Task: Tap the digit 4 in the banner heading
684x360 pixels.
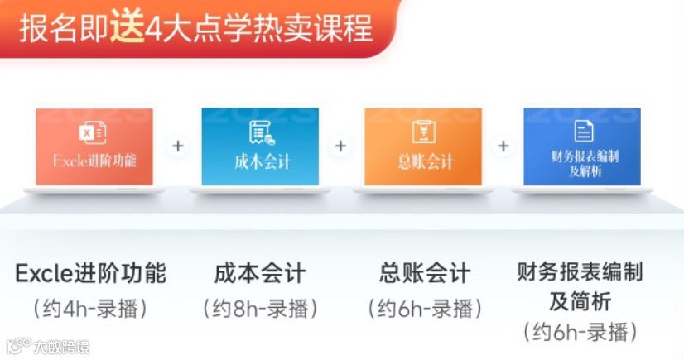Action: tap(153, 30)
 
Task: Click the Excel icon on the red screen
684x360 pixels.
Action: tap(93, 132)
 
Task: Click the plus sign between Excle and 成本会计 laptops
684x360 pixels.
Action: tap(178, 146)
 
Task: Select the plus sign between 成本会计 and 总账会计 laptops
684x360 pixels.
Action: tap(340, 146)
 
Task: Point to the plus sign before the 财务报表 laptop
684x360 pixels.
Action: tap(503, 146)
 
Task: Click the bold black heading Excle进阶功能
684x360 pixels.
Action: tap(91, 273)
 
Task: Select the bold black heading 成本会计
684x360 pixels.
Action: tap(260, 273)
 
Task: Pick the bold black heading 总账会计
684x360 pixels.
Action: tap(425, 273)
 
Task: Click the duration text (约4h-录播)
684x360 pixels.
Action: tap(91, 309)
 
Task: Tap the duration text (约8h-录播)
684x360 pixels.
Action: tap(260, 309)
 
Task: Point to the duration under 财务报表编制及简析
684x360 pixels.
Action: tap(580, 332)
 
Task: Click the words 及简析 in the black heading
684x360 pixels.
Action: tap(580, 300)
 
